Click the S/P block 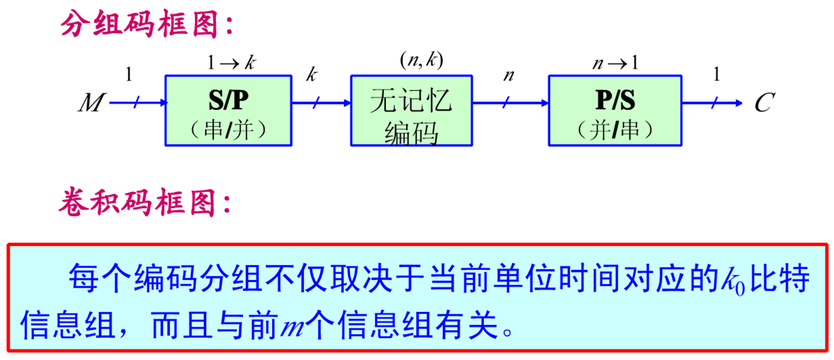[x=228, y=111]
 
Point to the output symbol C [x=762, y=103]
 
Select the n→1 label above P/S [x=616, y=62]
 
